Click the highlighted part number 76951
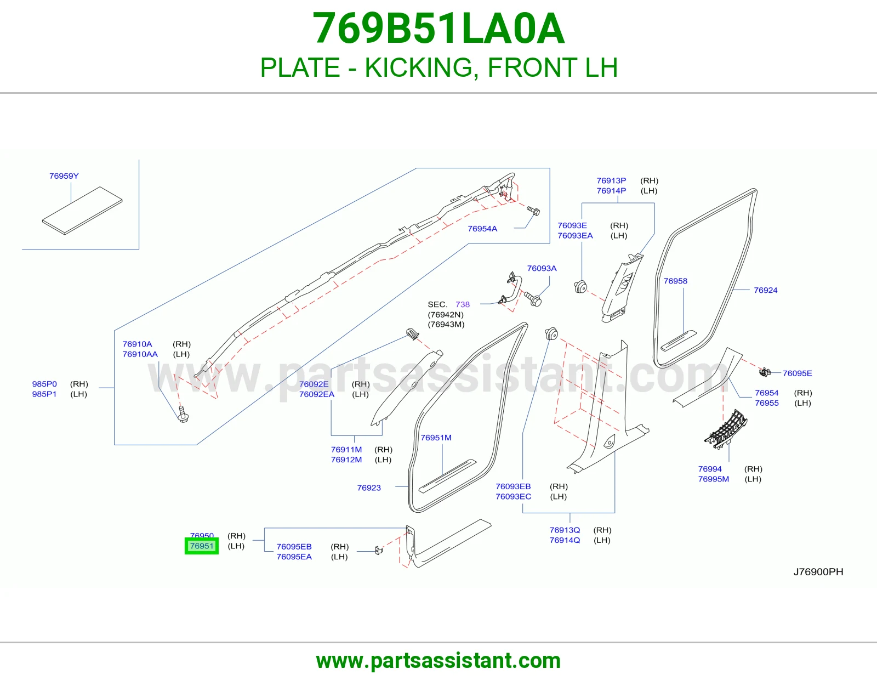click(201, 546)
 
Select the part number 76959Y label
click(64, 176)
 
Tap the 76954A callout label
click(482, 229)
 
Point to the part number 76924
click(766, 290)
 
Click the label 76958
click(675, 281)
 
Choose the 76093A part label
click(542, 268)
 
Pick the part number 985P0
click(44, 384)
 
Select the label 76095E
click(797, 373)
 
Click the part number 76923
click(369, 488)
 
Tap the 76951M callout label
click(436, 438)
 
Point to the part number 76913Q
click(565, 530)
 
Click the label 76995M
click(714, 479)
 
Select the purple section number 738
click(463, 304)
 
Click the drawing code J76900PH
click(818, 572)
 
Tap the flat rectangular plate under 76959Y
click(82, 211)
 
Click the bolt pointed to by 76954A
click(533, 211)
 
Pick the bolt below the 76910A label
click(183, 415)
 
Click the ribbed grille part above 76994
click(726, 429)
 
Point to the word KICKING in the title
click(419, 67)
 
